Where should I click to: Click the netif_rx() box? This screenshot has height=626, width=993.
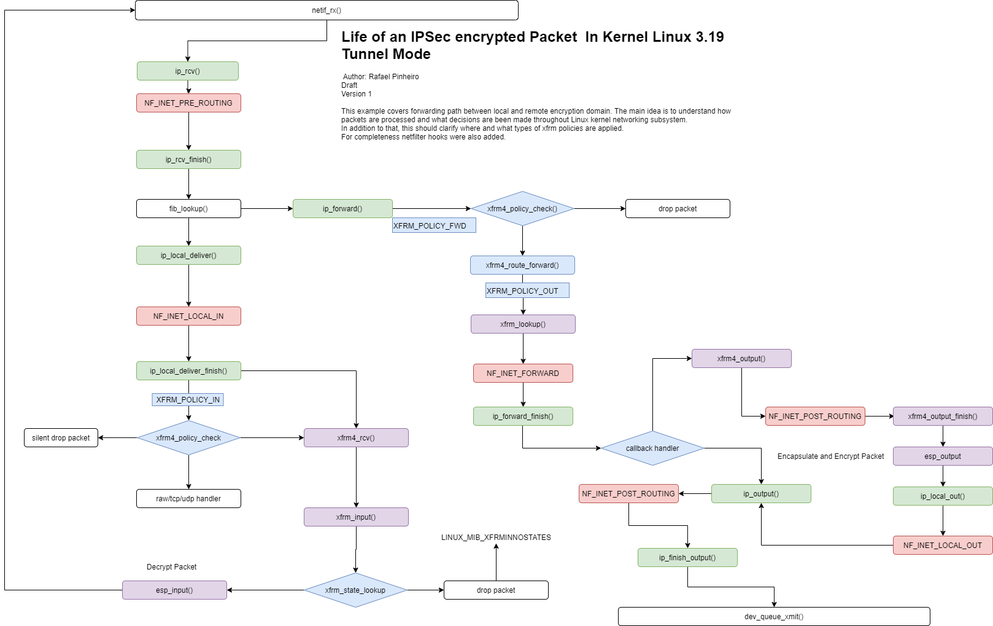pos(326,10)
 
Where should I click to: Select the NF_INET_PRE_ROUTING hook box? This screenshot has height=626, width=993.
pos(188,103)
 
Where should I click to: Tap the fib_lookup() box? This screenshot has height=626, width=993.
pos(188,209)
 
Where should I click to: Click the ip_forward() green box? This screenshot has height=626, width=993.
pos(342,209)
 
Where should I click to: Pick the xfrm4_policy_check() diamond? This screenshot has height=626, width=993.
pos(522,209)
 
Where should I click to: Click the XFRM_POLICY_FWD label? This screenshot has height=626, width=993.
pos(433,225)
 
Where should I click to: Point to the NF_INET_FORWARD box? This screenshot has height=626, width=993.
pos(523,374)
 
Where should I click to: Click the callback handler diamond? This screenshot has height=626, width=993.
pos(652,448)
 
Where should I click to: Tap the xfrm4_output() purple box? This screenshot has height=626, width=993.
pos(741,359)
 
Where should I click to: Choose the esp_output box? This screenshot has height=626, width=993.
pos(943,456)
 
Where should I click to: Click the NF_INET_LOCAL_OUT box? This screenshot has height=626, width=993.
pos(943,546)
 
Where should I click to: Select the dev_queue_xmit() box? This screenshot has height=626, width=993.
pos(774,617)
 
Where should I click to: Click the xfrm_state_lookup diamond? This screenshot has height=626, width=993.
pos(355,590)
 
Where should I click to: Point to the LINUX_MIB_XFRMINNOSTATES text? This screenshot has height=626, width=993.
pos(496,538)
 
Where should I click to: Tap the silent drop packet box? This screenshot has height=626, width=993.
pos(61,438)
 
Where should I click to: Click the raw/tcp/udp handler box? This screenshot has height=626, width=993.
pos(188,499)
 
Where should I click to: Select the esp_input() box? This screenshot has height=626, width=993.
pos(174,590)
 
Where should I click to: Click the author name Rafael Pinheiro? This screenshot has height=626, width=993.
pos(393,77)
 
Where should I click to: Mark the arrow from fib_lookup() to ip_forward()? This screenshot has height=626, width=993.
pos(267,209)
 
